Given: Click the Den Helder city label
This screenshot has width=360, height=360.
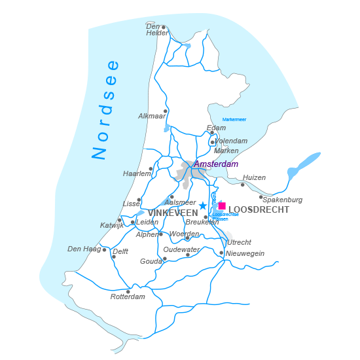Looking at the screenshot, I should point(157,29).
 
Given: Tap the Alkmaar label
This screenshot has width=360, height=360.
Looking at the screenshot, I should point(152,116).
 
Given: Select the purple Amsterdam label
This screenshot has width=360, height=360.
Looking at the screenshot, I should point(216,164).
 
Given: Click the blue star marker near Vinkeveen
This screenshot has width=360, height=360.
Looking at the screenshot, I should point(203,206).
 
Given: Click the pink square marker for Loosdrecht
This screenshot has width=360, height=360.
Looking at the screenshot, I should point(222,206).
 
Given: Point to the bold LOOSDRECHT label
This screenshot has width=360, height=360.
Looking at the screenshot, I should point(259,210).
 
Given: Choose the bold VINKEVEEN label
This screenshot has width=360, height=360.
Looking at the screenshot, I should point(173,213).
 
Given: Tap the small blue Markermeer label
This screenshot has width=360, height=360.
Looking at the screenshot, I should point(234,120).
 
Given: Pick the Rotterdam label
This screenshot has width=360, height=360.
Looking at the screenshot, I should point(128,297).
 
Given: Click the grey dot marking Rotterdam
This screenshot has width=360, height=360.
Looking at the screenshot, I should point(128,291).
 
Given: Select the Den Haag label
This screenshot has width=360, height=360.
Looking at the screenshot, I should point(83,249).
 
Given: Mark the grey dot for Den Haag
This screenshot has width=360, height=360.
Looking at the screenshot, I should point(104,249).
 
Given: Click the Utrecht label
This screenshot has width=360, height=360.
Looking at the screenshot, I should point(239,242).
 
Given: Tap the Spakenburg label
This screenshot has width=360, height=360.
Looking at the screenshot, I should point(282,200).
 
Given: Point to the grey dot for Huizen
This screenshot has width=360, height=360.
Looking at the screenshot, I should point(242,185).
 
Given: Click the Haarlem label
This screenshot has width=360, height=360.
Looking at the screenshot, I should point(136,173).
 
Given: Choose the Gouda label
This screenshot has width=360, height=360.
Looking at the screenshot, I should point(151,261).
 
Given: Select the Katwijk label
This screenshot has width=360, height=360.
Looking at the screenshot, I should point(112,225).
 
